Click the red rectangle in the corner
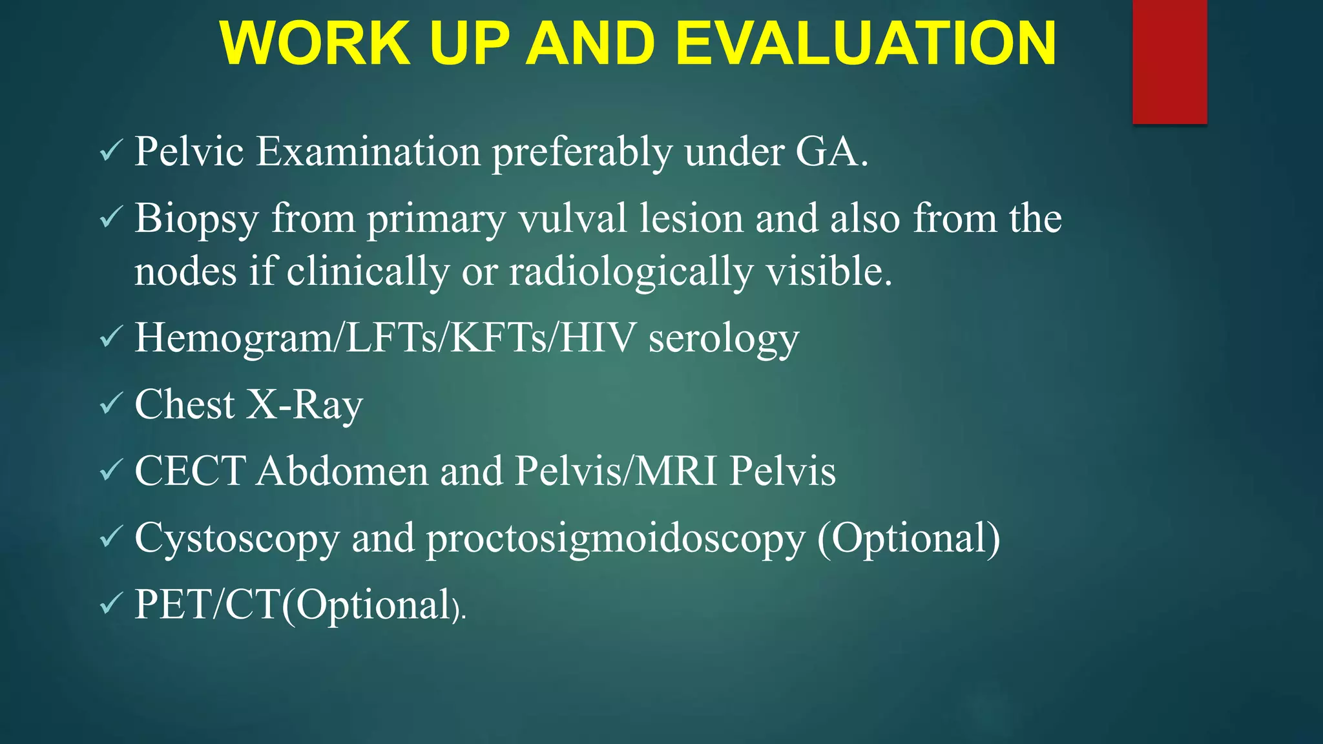1169,61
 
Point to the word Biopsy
196,220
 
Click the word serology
724,340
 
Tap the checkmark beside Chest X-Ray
111,404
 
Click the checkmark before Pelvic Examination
111,151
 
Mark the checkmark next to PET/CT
111,604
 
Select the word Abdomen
342,471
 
